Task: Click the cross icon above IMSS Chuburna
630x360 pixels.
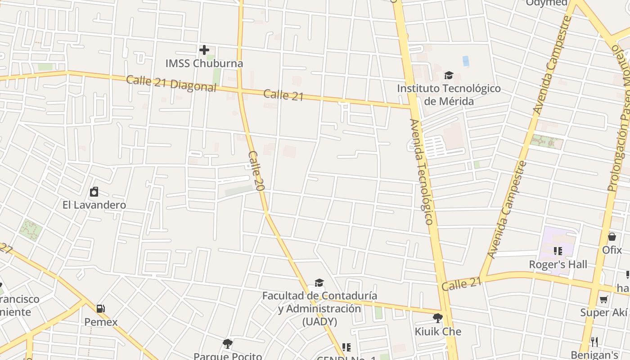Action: click(x=204, y=50)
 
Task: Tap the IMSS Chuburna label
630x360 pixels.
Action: click(x=204, y=63)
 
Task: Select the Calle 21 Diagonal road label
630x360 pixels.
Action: click(x=171, y=83)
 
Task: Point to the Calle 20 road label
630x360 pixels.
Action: click(x=255, y=171)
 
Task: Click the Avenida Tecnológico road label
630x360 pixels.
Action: click(x=421, y=172)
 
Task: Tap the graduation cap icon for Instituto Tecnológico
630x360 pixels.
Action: click(x=449, y=75)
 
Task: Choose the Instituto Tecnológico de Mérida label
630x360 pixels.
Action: click(x=449, y=94)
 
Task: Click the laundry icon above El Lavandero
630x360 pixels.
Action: click(x=94, y=192)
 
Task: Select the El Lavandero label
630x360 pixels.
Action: click(x=94, y=205)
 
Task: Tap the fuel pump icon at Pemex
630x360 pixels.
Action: click(x=101, y=309)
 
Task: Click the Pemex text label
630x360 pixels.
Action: click(x=101, y=322)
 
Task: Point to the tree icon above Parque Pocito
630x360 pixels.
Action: click(x=228, y=344)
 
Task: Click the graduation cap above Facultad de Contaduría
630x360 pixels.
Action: click(x=319, y=283)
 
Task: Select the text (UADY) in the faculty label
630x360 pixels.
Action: click(x=319, y=322)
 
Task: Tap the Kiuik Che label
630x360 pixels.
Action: click(x=438, y=332)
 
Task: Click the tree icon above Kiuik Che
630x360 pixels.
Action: click(x=437, y=318)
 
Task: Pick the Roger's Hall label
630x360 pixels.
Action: click(x=558, y=264)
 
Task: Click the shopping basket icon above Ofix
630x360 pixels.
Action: click(x=612, y=236)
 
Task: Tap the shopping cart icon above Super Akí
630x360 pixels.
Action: click(x=604, y=299)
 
